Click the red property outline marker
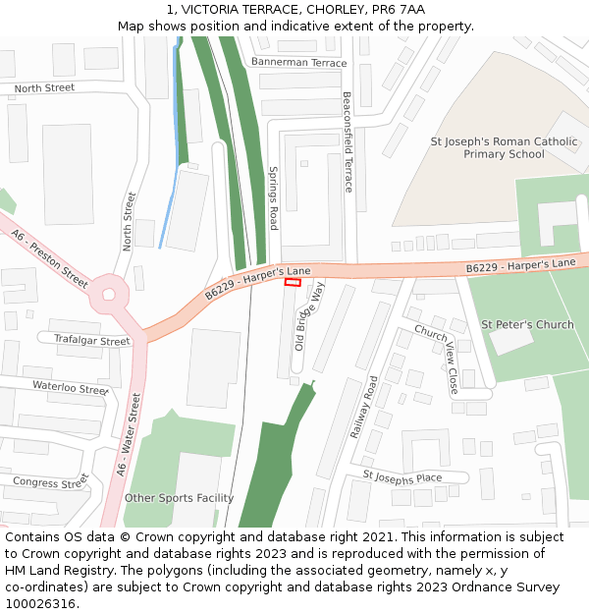tap(293, 282)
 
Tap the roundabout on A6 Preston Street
tap(109, 294)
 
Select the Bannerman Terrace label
tap(298, 63)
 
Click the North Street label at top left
tap(44, 88)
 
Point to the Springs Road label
tap(274, 197)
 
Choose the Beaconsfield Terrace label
tap(348, 142)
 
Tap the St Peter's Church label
tap(527, 324)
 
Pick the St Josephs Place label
tap(402, 476)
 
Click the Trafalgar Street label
tap(92, 341)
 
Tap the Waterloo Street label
tap(69, 387)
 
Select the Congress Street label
tap(50, 482)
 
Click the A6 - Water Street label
tap(130, 435)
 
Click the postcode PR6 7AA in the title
tap(402, 10)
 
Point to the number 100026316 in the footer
tap(41, 603)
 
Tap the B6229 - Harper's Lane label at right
tap(520, 265)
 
